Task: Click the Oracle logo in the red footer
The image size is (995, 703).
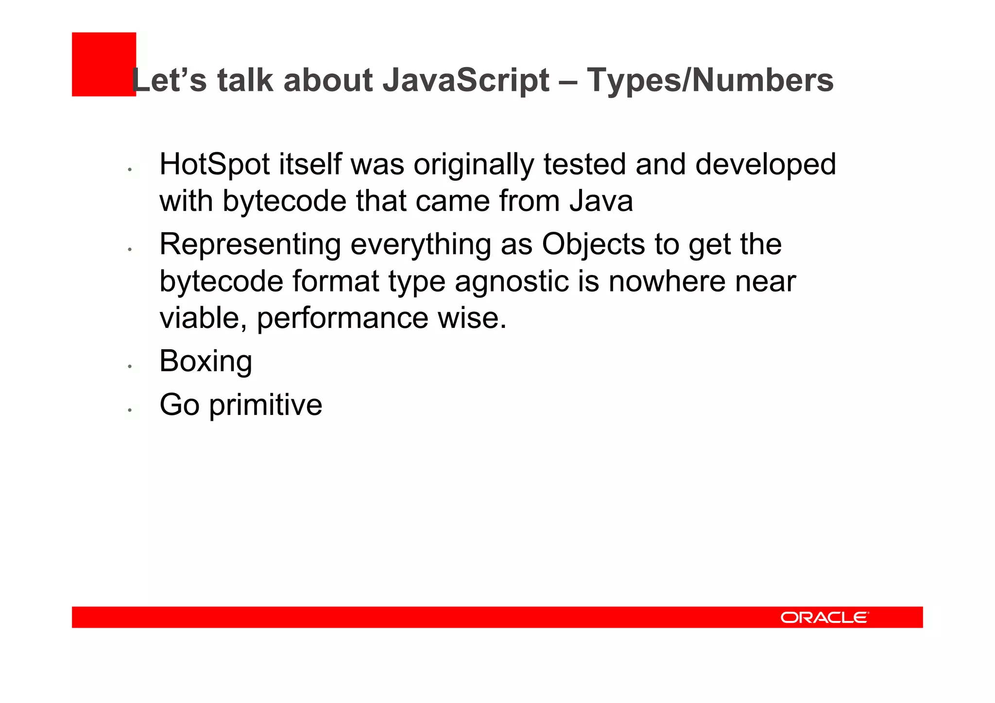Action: pyautogui.click(x=824, y=617)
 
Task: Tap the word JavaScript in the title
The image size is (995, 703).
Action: pyautogui.click(x=466, y=80)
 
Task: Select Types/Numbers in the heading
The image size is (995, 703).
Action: pyautogui.click(x=710, y=80)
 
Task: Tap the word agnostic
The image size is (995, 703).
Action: pyautogui.click(x=512, y=281)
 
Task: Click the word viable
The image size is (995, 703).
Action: pyautogui.click(x=203, y=318)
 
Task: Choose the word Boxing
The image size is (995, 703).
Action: pyautogui.click(x=206, y=361)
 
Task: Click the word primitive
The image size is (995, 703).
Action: pyautogui.click(x=266, y=405)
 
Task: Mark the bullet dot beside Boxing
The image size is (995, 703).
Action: pyautogui.click(x=130, y=366)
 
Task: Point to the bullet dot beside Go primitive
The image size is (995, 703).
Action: pyautogui.click(x=130, y=410)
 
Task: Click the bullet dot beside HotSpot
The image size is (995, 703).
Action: pyautogui.click(x=130, y=170)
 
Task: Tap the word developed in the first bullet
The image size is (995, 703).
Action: pyautogui.click(x=765, y=164)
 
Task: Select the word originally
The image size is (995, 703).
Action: pyautogui.click(x=474, y=164)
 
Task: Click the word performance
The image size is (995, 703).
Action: pyautogui.click(x=343, y=318)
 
